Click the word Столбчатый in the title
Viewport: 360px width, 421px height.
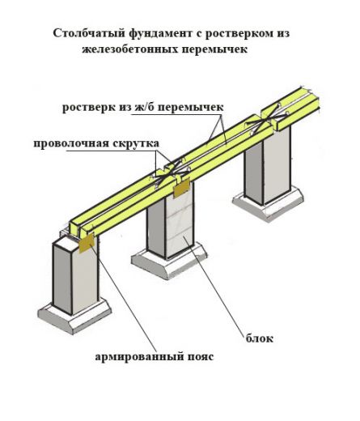click(89, 33)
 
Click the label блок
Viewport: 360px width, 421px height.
click(260, 338)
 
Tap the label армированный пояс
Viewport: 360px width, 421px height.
click(155, 356)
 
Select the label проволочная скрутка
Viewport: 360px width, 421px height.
click(96, 143)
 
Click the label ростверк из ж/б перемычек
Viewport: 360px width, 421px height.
click(143, 108)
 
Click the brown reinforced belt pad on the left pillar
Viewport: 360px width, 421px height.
click(87, 242)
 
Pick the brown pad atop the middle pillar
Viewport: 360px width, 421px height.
click(182, 187)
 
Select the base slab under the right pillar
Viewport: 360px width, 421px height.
click(268, 203)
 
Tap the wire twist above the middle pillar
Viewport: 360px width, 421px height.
click(172, 172)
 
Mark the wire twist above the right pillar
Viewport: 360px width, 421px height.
click(265, 120)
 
